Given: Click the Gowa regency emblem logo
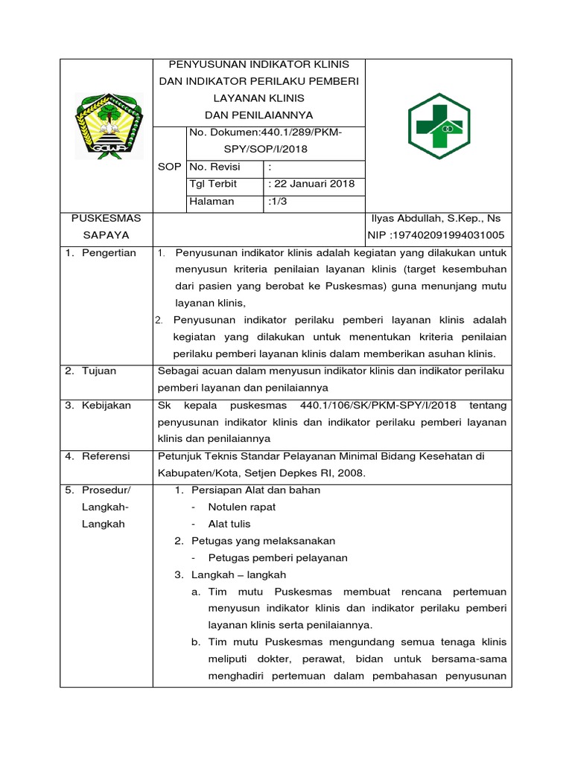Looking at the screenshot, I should pyautogui.click(x=106, y=126).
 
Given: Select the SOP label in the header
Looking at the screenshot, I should pyautogui.click(x=169, y=167).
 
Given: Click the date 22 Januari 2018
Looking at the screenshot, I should pyautogui.click(x=311, y=184).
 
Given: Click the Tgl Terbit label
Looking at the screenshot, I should pyautogui.click(x=214, y=184).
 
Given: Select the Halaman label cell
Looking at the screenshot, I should pyautogui.click(x=212, y=201).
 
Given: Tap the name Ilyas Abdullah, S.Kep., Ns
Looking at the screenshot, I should pyautogui.click(x=436, y=218).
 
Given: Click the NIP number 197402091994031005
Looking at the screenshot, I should pyautogui.click(x=436, y=235).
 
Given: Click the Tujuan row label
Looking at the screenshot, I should pyautogui.click(x=98, y=371).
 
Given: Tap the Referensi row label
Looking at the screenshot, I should pyautogui.click(x=105, y=456).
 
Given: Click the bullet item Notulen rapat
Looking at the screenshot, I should pyautogui.click(x=242, y=507).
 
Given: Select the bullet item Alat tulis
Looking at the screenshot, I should pyautogui.click(x=229, y=524).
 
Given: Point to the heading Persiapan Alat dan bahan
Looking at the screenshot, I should pyautogui.click(x=256, y=490).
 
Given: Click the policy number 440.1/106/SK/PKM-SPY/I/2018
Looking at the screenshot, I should pyautogui.click(x=378, y=406).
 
